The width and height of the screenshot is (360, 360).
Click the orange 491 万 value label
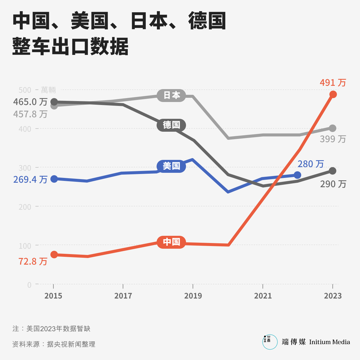click(x=333, y=82)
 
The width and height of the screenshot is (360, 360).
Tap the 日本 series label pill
click(x=172, y=95)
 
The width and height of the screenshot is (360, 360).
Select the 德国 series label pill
click(x=171, y=125)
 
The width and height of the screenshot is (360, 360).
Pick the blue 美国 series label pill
click(x=171, y=166)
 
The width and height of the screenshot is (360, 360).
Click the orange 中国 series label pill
click(x=171, y=242)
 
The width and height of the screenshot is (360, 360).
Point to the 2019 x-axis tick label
click(x=193, y=296)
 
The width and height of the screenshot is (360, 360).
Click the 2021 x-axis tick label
click(x=263, y=296)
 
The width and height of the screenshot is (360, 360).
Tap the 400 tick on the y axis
click(x=25, y=129)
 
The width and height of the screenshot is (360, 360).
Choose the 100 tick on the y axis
click(x=25, y=246)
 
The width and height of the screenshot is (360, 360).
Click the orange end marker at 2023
click(x=333, y=94)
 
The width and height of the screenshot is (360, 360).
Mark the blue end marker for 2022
click(x=297, y=175)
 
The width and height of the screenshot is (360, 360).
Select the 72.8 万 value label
click(x=33, y=262)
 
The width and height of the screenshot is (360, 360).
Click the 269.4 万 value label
click(x=30, y=179)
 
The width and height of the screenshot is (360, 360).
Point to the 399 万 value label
click(x=333, y=139)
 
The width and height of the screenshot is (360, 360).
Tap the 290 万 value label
click(x=333, y=184)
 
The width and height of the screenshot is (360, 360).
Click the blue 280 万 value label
click(x=310, y=164)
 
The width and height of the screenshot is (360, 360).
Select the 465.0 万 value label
click(x=30, y=102)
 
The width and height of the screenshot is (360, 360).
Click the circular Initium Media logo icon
click(x=270, y=342)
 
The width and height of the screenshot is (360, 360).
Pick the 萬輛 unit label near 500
click(x=48, y=90)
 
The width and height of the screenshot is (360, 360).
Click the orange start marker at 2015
click(x=54, y=255)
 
